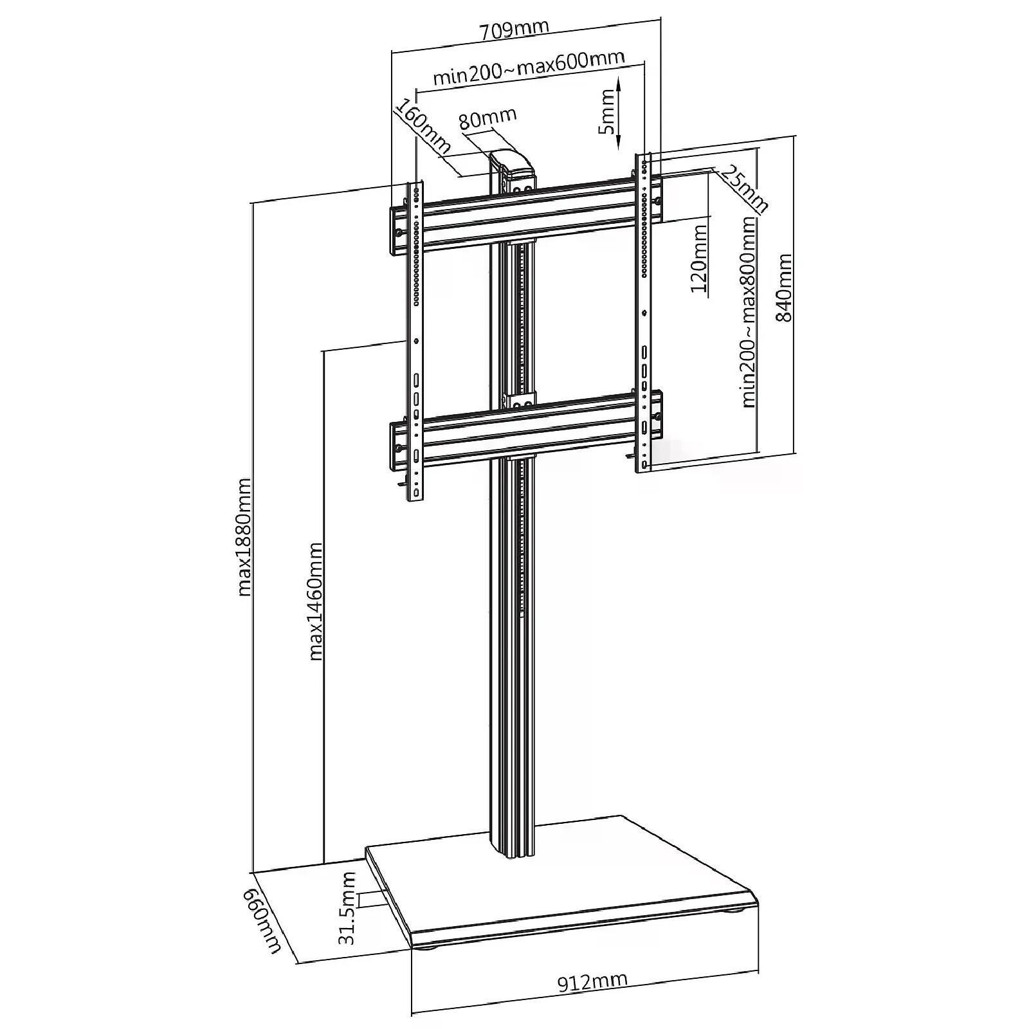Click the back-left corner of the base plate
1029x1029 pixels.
366,846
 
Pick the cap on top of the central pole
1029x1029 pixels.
513,165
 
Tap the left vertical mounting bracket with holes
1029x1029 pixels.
415,341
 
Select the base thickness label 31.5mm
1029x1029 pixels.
348,907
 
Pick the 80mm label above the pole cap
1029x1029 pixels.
488,118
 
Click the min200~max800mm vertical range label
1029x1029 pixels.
748,311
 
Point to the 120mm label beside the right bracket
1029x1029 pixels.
700,258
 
